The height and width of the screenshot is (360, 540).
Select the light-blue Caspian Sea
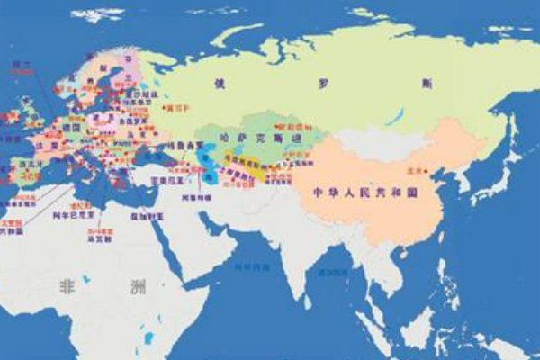[208, 166]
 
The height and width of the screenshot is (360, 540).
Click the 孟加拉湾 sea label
[328, 270]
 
